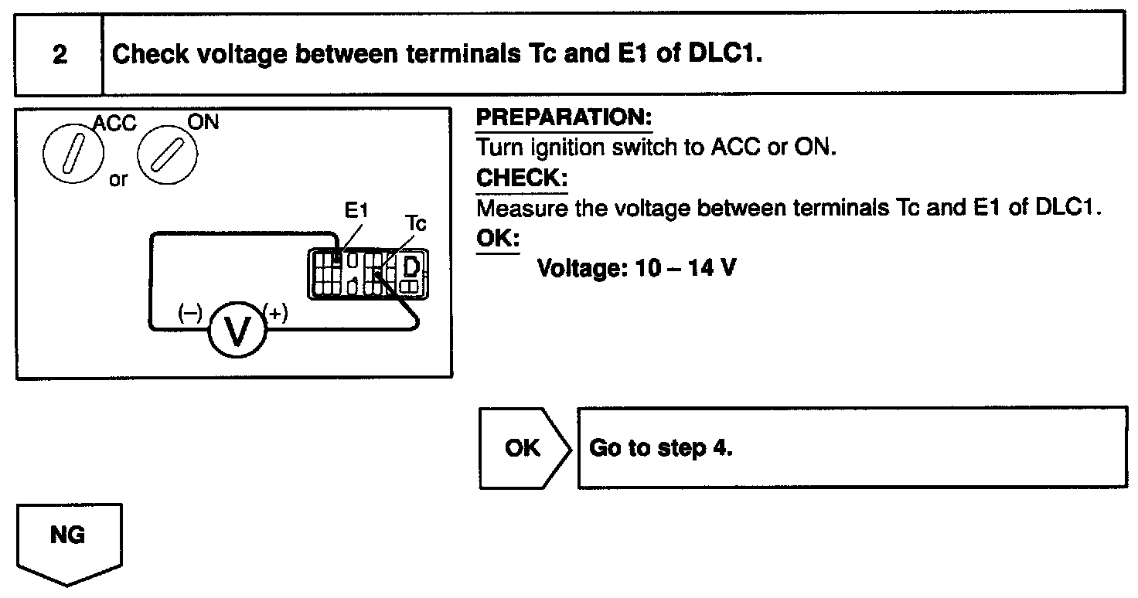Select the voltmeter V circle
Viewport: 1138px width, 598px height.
coord(235,329)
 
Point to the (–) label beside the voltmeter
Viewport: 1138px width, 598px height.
coord(189,313)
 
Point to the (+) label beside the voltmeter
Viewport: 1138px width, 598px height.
coord(276,312)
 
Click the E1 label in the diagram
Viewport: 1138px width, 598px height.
coord(357,209)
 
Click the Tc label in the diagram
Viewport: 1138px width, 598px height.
coord(416,224)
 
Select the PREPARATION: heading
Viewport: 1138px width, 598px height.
coord(564,119)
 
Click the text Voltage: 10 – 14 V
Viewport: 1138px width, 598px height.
coord(636,269)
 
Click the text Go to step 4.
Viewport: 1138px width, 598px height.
coord(660,448)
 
